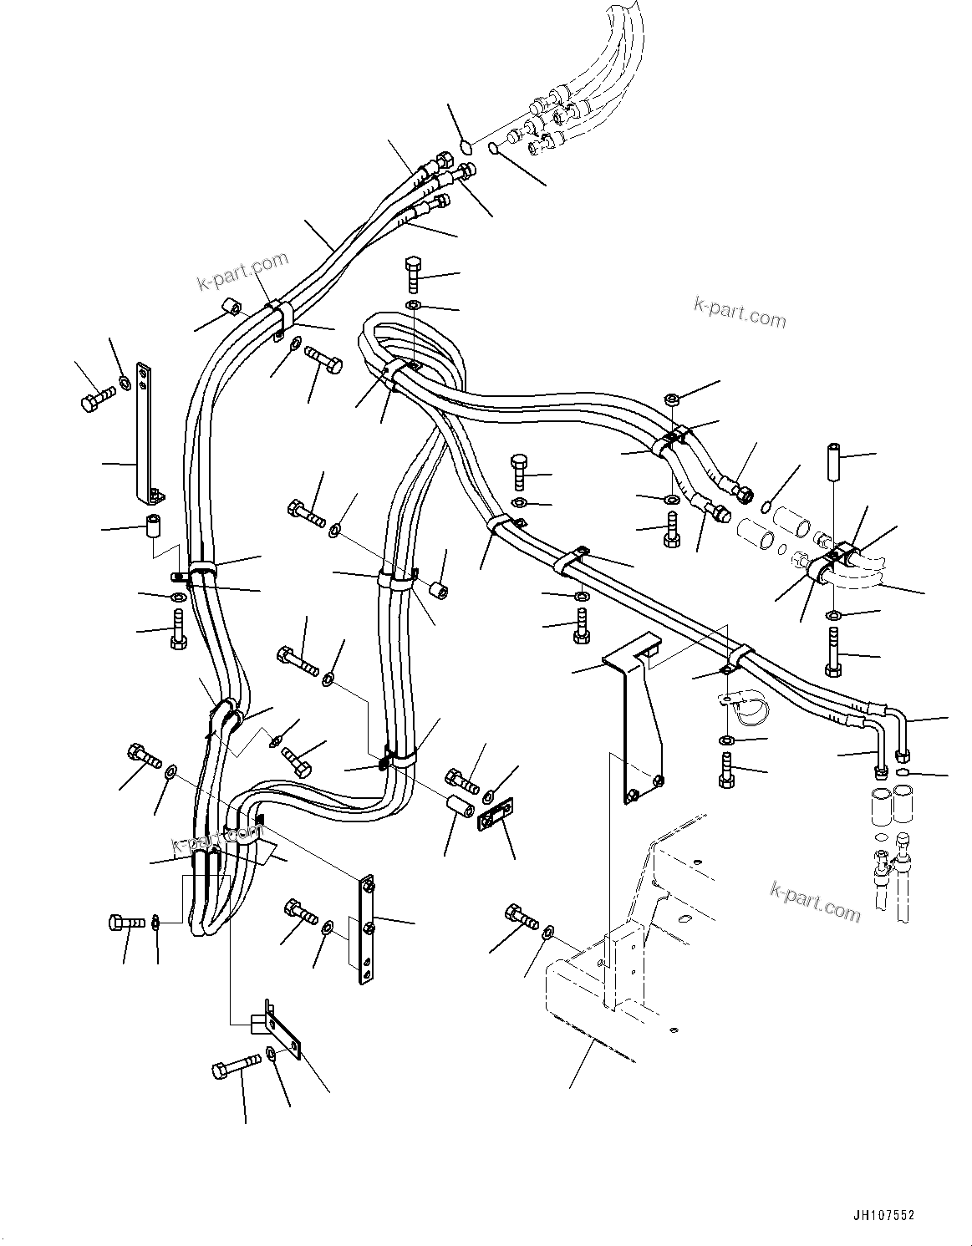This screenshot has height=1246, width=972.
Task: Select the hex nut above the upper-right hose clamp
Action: pos(670,399)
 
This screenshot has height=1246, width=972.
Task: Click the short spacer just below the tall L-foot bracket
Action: pos(153,528)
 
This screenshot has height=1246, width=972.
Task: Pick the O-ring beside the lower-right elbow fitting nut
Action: pos(903,773)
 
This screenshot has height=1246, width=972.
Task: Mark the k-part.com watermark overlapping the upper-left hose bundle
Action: pos(242,272)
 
